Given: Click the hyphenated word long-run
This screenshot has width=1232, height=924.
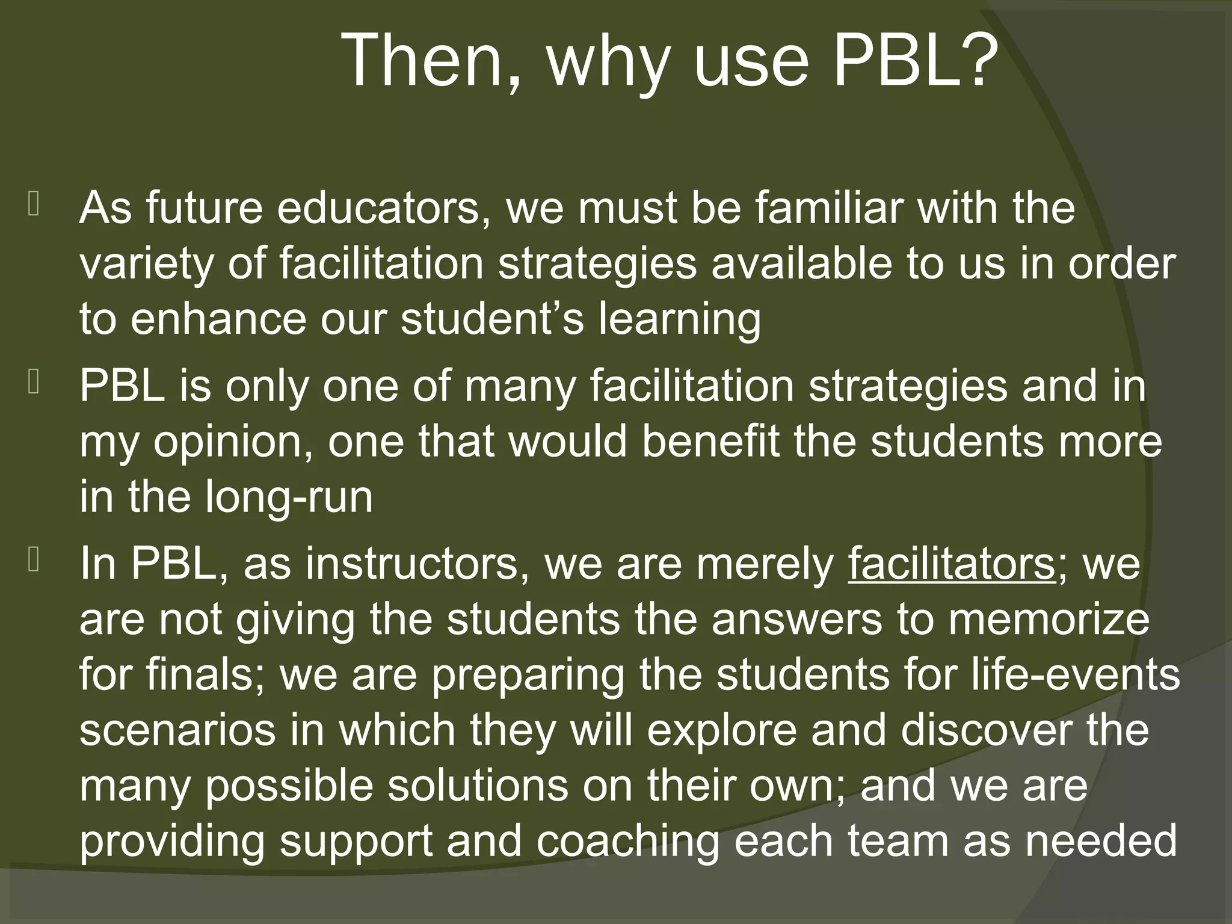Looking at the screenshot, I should coord(289,498).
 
